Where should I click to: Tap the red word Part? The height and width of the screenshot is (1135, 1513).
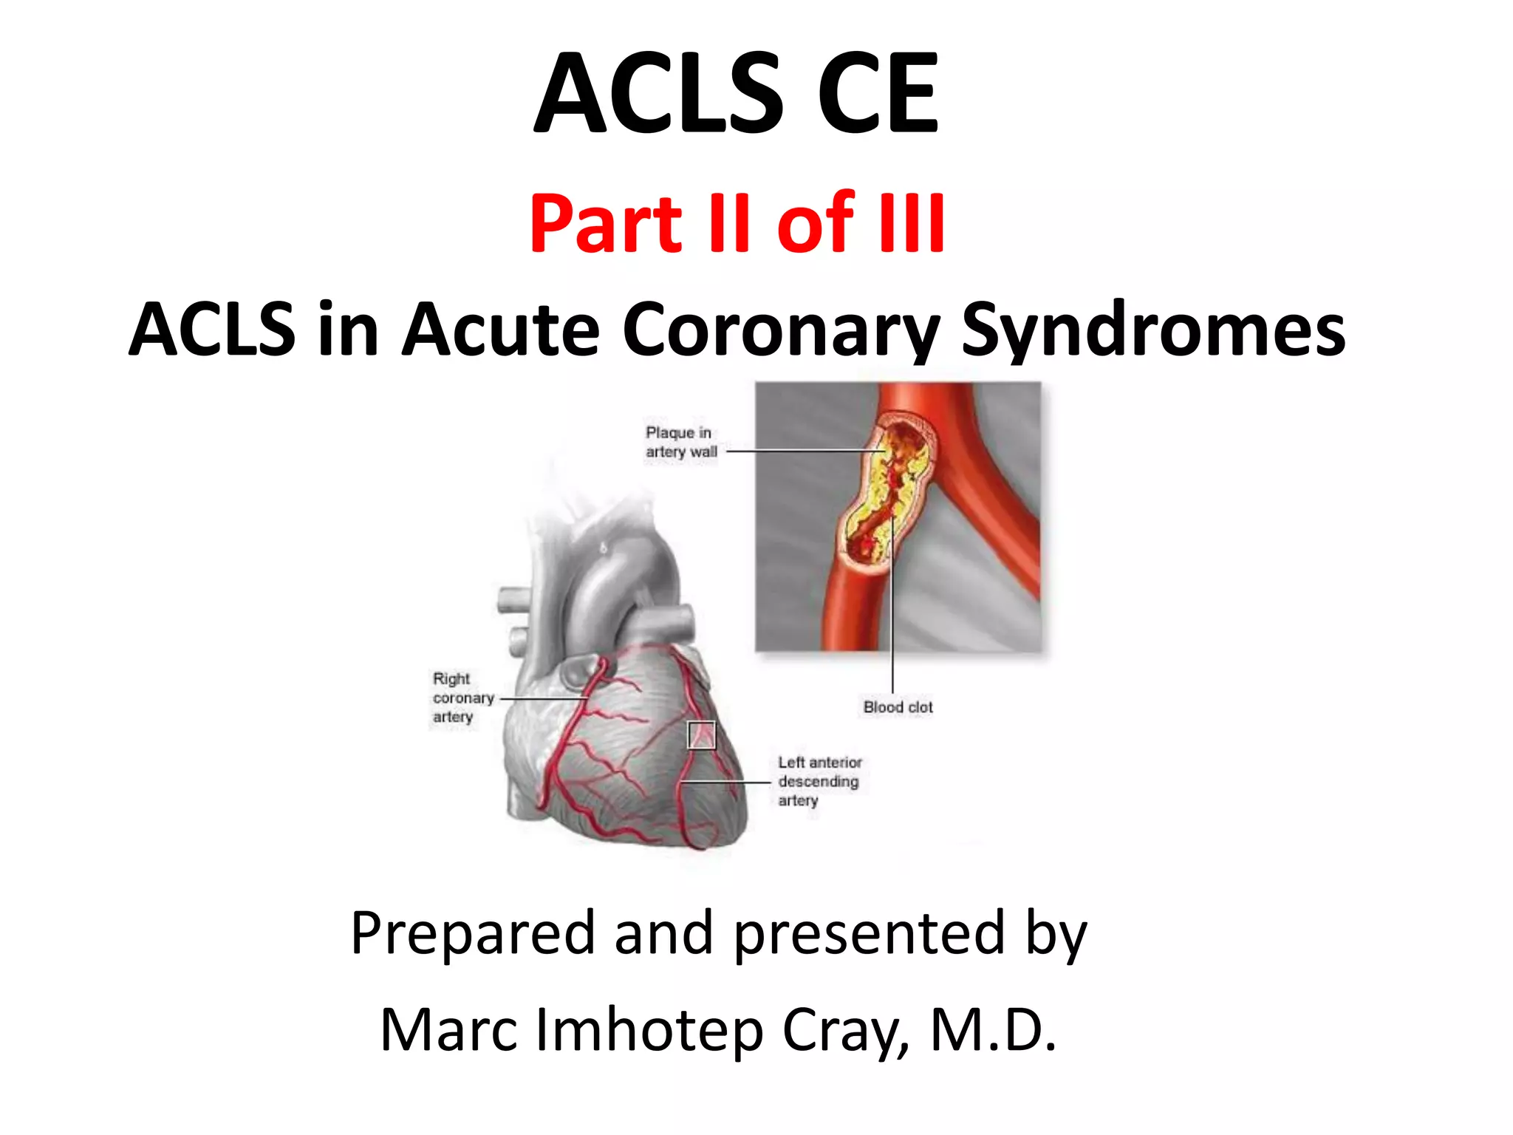pos(606,222)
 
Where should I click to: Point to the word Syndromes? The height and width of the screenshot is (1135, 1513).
pos(1153,330)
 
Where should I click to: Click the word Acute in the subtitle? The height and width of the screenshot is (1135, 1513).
pos(500,330)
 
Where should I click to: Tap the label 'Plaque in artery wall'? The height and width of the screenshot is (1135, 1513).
pos(680,442)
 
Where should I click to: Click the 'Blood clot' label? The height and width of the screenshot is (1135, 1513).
pos(898,707)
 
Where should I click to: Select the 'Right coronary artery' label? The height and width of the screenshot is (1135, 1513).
pos(462,698)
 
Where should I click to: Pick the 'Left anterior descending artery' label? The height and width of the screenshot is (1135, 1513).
pos(819,781)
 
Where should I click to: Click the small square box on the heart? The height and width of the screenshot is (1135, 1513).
pos(702,735)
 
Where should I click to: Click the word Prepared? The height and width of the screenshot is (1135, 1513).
pos(473,933)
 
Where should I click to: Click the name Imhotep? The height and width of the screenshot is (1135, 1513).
pos(649,1029)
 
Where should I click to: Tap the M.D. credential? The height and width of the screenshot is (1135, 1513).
pos(994,1029)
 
